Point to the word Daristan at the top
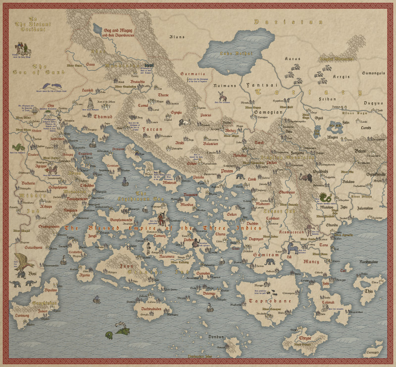[x=288, y=22]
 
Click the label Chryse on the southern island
[x=305, y=339]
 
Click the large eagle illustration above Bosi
[x=24, y=262]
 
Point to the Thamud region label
[x=103, y=117]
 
